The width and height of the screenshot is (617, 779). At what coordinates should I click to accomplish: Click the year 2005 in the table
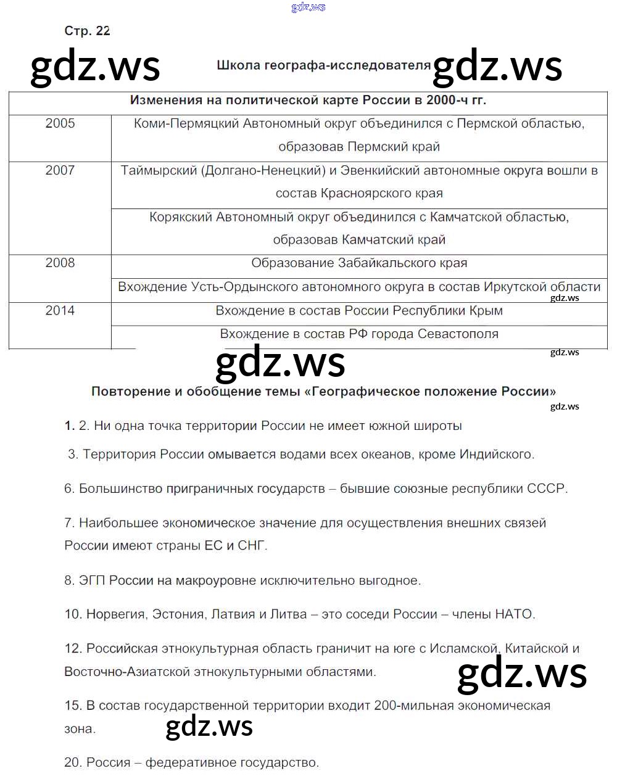[x=60, y=123]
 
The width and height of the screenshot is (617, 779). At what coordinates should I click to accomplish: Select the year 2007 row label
[x=60, y=170]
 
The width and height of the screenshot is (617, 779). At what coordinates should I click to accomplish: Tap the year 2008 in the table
[x=60, y=263]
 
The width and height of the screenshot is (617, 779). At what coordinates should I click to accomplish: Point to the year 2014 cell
[x=60, y=311]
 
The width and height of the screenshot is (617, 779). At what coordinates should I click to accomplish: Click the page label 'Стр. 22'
[x=87, y=31]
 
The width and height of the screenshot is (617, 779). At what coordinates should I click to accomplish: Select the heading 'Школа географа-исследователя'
[x=323, y=65]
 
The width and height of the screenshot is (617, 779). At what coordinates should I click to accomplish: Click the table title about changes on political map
[x=308, y=101]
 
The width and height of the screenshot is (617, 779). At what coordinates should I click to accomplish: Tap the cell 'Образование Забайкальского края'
[x=359, y=263]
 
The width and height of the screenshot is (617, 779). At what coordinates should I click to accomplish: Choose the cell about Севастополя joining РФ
[x=359, y=334]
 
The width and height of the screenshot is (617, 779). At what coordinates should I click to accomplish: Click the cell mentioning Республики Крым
[x=359, y=311]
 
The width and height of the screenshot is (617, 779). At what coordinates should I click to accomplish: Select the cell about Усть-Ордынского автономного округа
[x=359, y=287]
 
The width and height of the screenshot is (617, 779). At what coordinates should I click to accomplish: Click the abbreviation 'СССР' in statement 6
[x=545, y=488]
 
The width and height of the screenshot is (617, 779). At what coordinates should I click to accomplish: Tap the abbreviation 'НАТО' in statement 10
[x=513, y=614]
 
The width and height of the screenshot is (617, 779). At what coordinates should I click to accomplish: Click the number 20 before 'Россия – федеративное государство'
[x=72, y=763]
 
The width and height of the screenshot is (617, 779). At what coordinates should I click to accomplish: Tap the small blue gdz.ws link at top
[x=308, y=7]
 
